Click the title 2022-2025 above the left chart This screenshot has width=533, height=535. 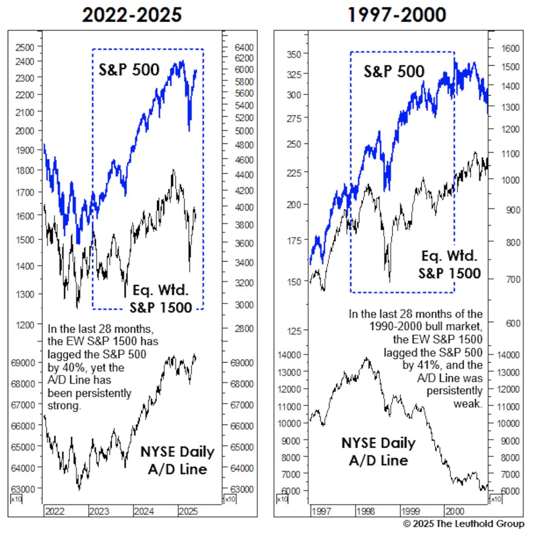[x=132, y=15]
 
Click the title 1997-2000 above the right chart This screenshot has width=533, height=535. [x=396, y=15]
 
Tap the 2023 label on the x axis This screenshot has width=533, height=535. [x=99, y=511]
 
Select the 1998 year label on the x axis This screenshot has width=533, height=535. [x=365, y=511]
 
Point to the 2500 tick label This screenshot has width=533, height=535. [x=24, y=47]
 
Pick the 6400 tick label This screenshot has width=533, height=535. [x=244, y=47]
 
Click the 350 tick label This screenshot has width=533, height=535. [x=294, y=54]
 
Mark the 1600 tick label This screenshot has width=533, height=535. [x=510, y=48]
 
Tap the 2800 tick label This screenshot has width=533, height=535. [x=244, y=329]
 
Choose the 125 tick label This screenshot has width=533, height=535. [x=294, y=331]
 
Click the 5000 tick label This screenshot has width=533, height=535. [x=244, y=131]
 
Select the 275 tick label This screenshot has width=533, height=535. [x=294, y=118]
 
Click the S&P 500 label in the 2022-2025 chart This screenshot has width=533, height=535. [x=129, y=70]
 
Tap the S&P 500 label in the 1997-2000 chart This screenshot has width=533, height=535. [x=394, y=72]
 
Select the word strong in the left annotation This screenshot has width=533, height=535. [x=64, y=406]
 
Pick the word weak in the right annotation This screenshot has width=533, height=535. [x=468, y=403]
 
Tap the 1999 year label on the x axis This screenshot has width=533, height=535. [x=410, y=511]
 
